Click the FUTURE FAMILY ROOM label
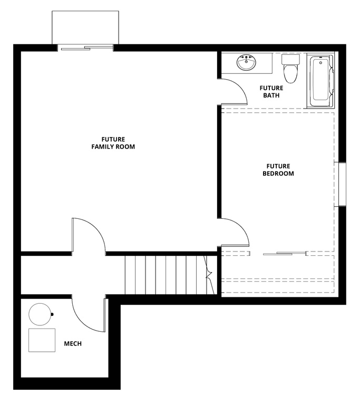click(113, 143)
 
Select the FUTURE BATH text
click(272, 92)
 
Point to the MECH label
click(73, 344)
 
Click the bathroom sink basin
click(245, 64)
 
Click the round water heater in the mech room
click(40, 315)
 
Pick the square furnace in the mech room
click(42, 340)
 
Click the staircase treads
click(166, 274)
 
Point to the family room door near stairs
click(89, 235)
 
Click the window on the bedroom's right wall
click(342, 184)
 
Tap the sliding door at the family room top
click(85, 49)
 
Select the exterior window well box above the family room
click(85, 27)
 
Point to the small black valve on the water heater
click(52, 315)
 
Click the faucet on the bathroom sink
click(246, 57)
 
